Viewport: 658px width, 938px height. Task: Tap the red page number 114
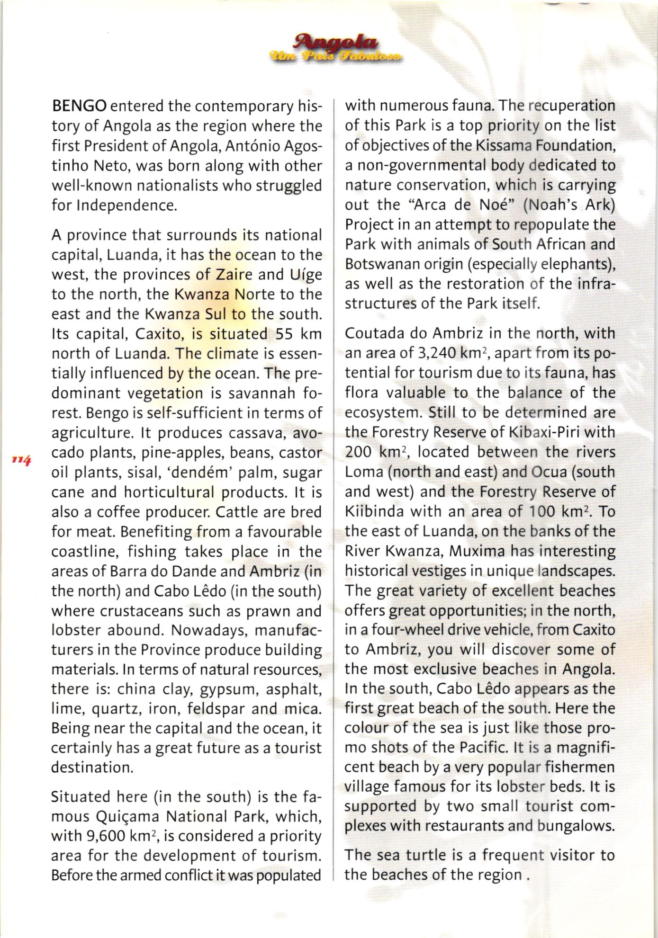(x=22, y=459)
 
